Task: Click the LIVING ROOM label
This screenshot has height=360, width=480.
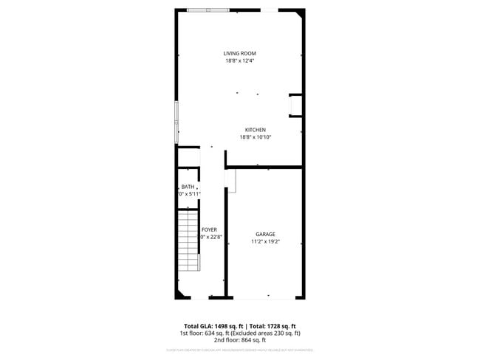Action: click(x=240, y=53)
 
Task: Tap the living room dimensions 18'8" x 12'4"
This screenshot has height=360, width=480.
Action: click(x=240, y=61)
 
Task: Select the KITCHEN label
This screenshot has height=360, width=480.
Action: click(x=256, y=130)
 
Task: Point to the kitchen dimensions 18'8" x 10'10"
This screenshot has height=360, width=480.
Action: click(x=256, y=137)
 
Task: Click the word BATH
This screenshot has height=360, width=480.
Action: click(x=188, y=187)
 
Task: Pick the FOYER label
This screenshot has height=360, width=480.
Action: click(x=209, y=230)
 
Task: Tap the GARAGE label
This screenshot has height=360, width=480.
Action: click(x=266, y=234)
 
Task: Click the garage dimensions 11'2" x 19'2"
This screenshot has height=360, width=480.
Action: click(x=266, y=241)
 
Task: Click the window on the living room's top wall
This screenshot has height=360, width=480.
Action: click(x=208, y=10)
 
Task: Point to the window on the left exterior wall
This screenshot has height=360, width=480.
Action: click(x=176, y=121)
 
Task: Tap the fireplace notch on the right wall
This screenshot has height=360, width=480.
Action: click(x=295, y=106)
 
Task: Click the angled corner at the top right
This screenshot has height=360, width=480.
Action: click(x=299, y=13)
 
